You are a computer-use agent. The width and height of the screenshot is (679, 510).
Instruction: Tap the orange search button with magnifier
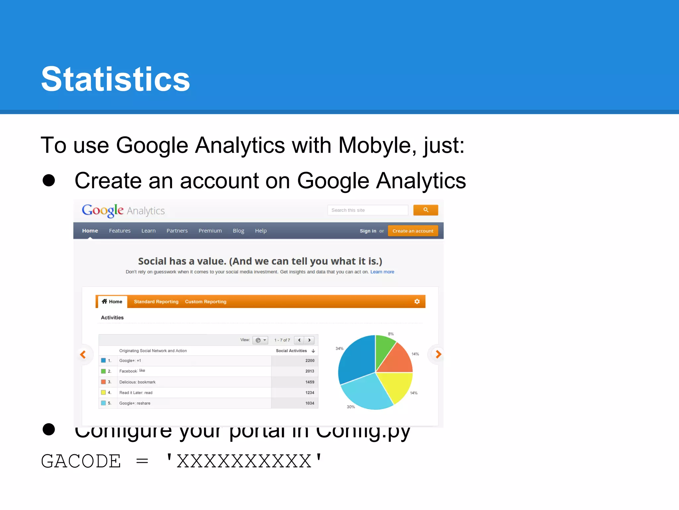425,210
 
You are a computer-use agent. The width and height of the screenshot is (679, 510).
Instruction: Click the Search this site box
367,210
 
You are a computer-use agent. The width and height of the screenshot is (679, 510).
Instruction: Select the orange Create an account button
413,231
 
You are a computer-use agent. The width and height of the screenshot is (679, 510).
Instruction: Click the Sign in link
368,231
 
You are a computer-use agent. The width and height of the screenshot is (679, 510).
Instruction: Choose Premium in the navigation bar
210,231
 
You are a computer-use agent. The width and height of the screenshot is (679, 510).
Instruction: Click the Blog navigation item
238,231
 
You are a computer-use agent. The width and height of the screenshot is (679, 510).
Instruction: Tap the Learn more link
382,272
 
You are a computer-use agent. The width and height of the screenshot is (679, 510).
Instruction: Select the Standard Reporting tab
156,301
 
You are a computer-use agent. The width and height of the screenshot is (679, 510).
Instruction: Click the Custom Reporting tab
206,301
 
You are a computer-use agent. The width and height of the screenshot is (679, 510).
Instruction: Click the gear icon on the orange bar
417,301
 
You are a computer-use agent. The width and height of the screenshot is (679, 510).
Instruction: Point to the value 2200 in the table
310,361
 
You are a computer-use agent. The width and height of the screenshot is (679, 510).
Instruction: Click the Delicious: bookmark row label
137,382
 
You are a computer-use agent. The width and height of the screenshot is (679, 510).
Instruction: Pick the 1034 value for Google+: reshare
310,403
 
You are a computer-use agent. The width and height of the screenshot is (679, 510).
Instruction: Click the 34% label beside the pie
339,349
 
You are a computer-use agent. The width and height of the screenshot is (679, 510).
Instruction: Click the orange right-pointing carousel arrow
438,355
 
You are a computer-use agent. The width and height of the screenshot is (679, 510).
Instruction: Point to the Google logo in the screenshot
102,211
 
